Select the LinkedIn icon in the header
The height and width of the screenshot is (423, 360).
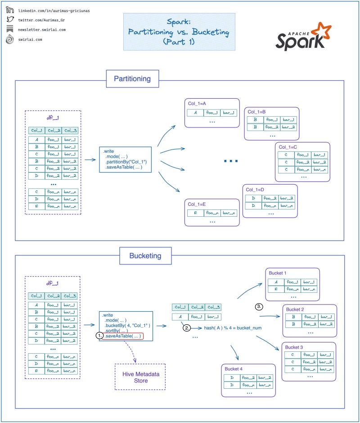pos(10,10)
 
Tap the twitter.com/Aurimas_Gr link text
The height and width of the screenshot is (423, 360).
pos(42,20)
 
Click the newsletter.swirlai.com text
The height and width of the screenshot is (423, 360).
pos(42,30)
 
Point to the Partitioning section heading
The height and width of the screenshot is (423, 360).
pos(132,79)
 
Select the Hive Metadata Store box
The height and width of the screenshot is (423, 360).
pos(141,377)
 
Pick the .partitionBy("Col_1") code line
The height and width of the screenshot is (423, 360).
pos(126,161)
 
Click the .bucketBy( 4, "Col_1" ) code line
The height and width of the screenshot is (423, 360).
pos(127,325)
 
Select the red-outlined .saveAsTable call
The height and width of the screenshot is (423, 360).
pos(123,336)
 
